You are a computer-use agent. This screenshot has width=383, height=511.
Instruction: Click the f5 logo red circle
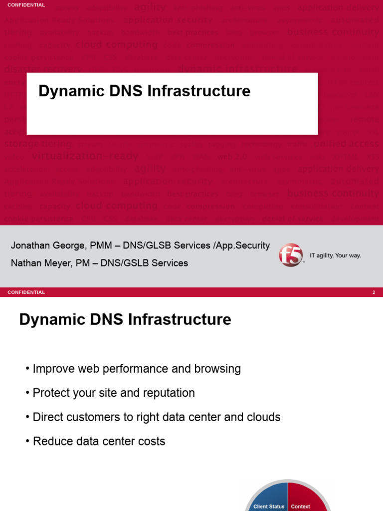point(291,255)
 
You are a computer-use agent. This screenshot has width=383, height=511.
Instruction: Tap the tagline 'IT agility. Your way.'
point(335,255)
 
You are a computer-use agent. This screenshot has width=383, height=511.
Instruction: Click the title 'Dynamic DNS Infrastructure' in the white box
point(144,91)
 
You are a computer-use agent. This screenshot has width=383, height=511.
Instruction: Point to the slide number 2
point(374,292)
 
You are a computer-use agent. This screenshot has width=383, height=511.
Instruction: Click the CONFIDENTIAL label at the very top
point(26,5)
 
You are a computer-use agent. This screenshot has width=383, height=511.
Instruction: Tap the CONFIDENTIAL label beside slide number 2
point(26,292)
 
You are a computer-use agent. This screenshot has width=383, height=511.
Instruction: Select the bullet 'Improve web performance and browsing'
point(136,369)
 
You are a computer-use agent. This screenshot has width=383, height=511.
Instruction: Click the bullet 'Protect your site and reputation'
point(113,393)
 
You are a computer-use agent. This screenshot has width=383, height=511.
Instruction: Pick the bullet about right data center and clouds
point(156,417)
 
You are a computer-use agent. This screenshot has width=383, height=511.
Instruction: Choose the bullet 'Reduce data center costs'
point(98,441)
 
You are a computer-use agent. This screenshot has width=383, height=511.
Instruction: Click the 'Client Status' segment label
point(269,507)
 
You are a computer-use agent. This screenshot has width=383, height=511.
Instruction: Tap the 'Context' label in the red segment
point(300,507)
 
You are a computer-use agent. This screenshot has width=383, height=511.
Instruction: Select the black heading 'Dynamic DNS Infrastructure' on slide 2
point(125,319)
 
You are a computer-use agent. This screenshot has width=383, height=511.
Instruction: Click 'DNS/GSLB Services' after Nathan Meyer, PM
point(144,263)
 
